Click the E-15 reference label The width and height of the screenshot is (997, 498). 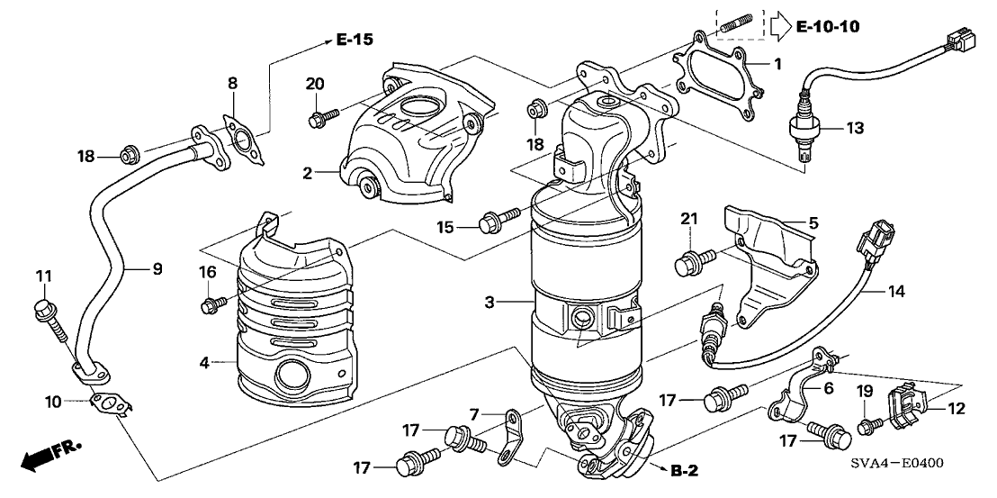[x=355, y=40]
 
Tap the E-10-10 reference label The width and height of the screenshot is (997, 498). [x=828, y=27]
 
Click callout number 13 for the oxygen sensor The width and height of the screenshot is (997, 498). [x=855, y=129]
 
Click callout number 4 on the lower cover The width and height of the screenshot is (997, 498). [x=205, y=364]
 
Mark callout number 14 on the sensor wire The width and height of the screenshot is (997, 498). [x=898, y=292]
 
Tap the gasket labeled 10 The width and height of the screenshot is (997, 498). [x=109, y=405]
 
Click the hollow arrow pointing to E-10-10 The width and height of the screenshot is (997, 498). [x=778, y=27]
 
